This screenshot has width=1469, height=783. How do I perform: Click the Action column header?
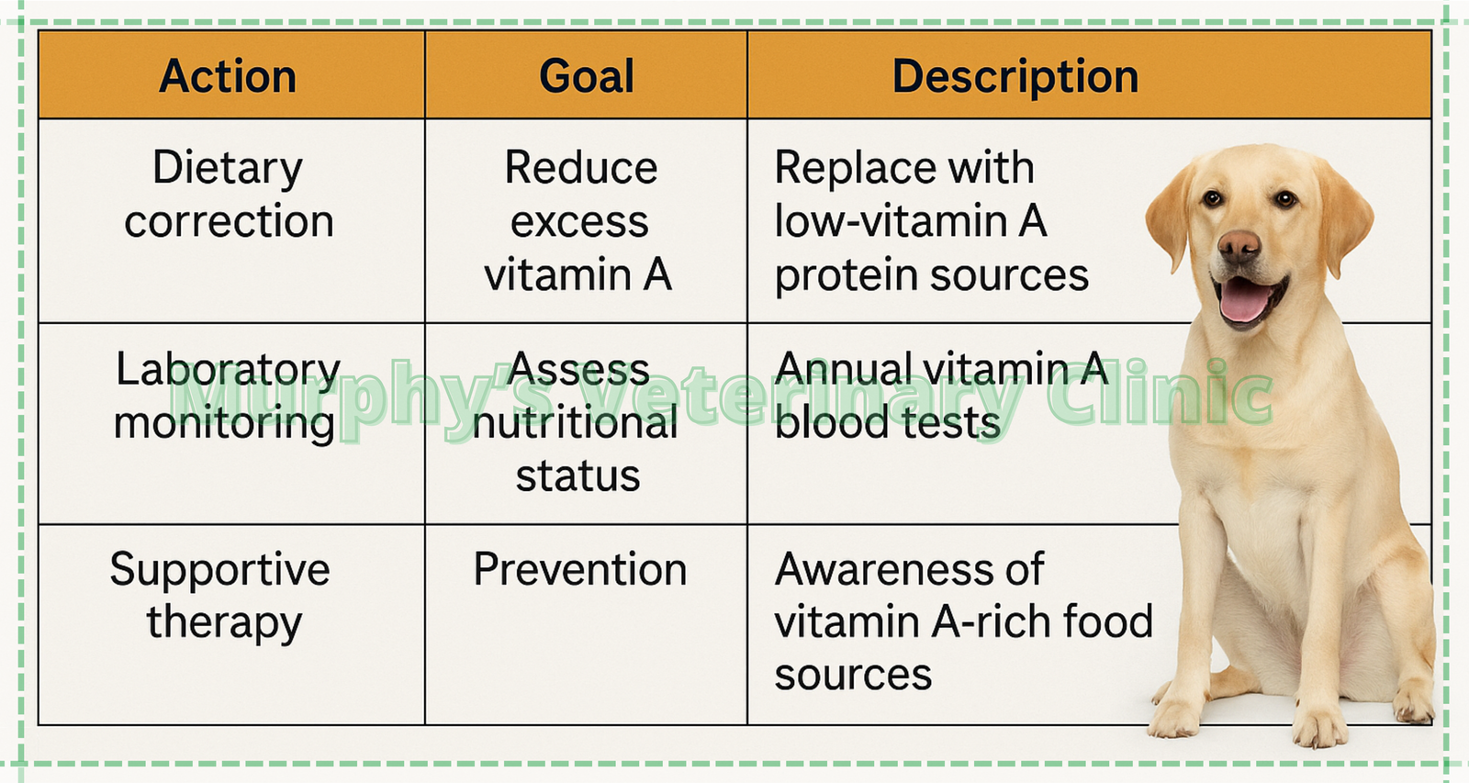[228, 76]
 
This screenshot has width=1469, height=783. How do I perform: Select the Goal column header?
[587, 76]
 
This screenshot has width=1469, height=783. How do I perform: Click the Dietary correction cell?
[229, 194]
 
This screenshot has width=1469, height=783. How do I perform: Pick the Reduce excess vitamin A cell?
[578, 220]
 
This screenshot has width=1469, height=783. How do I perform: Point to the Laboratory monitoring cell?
[227, 397]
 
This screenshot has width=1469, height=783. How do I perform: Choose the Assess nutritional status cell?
[576, 422]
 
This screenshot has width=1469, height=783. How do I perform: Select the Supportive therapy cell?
[220, 596]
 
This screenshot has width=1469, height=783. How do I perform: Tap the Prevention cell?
[580, 569]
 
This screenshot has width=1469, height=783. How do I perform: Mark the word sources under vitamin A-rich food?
[853, 676]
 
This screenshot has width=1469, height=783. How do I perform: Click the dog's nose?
[1239, 245]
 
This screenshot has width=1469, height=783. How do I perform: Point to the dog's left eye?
[1286, 198]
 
